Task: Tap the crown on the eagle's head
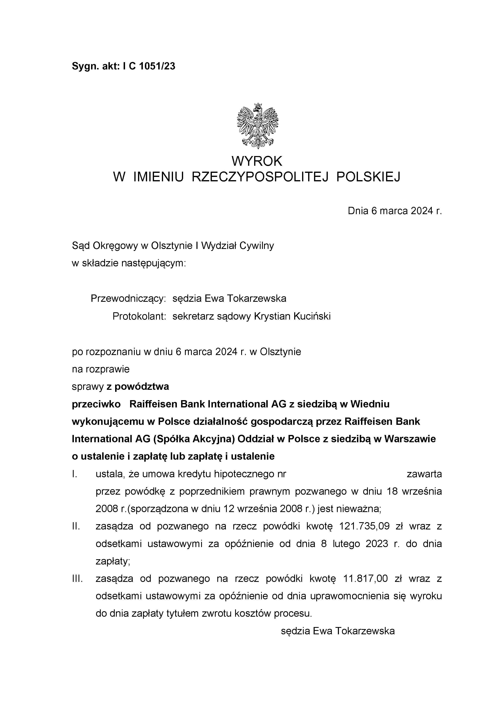click(x=258, y=106)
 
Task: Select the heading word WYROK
click(x=257, y=161)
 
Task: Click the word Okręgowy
click(x=116, y=246)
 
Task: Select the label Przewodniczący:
click(x=128, y=298)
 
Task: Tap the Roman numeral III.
click(x=77, y=579)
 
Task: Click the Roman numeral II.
click(x=76, y=526)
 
